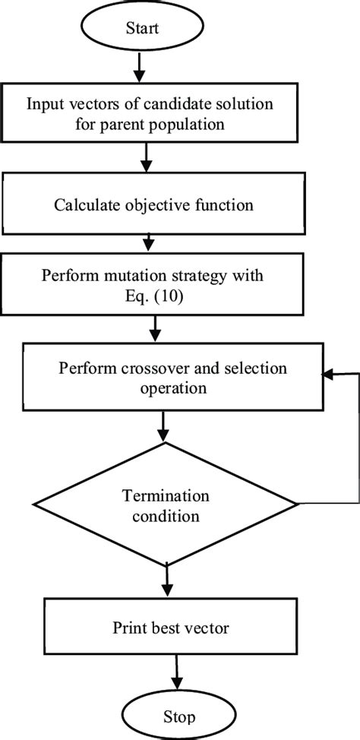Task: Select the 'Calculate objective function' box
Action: pyautogui.click(x=151, y=204)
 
